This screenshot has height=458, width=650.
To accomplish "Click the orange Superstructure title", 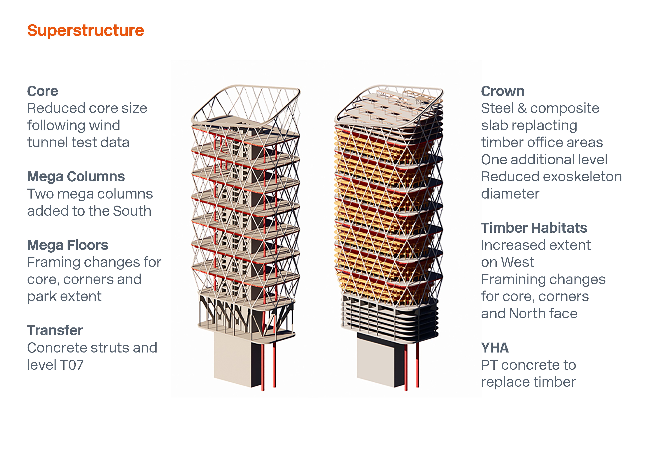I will click(x=85, y=31).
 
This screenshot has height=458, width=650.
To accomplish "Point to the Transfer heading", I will click(x=55, y=330).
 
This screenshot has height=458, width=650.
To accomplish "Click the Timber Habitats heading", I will click(x=534, y=228).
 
